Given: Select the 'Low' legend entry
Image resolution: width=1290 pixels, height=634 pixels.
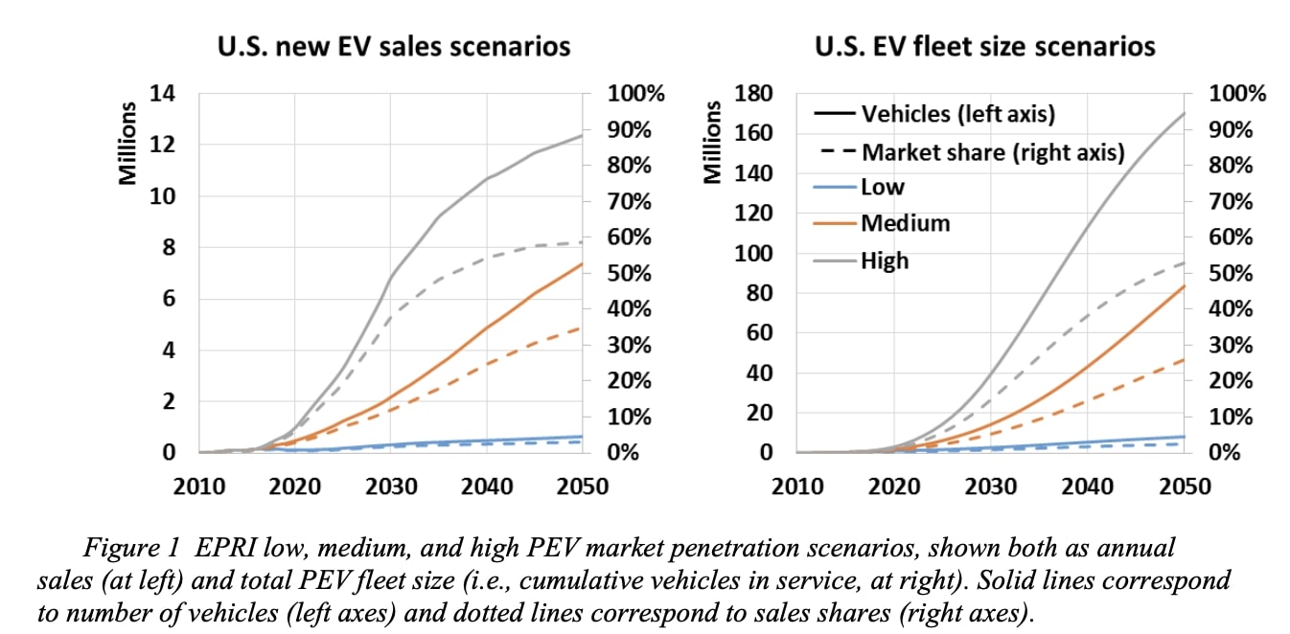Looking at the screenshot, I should tap(882, 187).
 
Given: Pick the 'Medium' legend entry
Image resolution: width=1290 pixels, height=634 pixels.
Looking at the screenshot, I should tap(905, 223).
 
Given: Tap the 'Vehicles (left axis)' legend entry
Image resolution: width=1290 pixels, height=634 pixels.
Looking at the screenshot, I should tap(957, 114).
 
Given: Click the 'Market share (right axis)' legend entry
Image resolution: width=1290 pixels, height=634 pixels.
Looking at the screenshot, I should tap(993, 151).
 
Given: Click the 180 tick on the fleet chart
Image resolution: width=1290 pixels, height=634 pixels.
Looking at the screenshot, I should tap(752, 94).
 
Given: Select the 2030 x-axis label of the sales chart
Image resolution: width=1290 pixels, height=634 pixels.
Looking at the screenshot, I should tap(390, 486).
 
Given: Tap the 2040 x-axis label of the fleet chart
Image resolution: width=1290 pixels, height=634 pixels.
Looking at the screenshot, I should tap(1087, 486).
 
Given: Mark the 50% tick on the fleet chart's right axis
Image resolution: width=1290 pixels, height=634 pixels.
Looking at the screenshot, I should tap(1236, 273).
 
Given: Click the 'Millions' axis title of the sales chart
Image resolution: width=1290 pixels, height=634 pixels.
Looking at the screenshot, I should tap(127, 143).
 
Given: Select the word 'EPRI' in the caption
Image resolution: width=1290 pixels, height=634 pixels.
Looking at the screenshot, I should tap(229, 549).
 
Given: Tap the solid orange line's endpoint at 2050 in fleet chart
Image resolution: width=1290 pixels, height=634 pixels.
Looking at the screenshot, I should tap(1184, 285).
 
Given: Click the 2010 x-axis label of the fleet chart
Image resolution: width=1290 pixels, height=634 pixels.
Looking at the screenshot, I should tap(797, 486).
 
